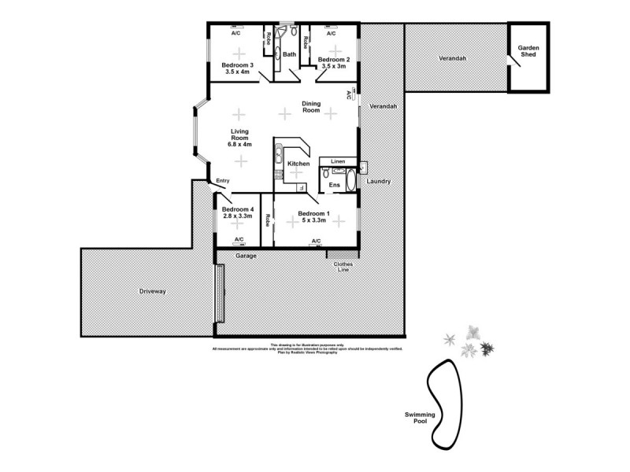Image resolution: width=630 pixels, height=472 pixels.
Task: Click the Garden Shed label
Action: coord(528,52)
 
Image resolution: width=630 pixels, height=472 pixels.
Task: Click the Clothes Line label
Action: coord(343,267)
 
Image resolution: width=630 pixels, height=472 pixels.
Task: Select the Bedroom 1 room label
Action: coord(313,212)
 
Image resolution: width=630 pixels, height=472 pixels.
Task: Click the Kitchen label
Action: coord(298,164)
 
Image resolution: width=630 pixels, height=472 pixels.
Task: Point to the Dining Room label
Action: coord(311,107)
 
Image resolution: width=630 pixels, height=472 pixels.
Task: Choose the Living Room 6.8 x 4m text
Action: coord(240,138)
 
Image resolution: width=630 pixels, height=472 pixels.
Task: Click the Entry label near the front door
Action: coord(223,181)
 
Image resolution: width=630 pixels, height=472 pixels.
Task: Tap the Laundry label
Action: coord(379,182)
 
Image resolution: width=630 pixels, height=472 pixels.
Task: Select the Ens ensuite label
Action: coord(334,185)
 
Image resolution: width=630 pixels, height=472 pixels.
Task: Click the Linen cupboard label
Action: coord(337,161)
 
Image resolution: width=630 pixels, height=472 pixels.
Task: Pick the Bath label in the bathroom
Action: coord(290,54)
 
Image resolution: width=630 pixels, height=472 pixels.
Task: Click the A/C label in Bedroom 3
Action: coord(235,34)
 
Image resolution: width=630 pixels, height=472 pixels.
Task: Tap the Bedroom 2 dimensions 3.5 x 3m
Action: coord(332,66)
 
